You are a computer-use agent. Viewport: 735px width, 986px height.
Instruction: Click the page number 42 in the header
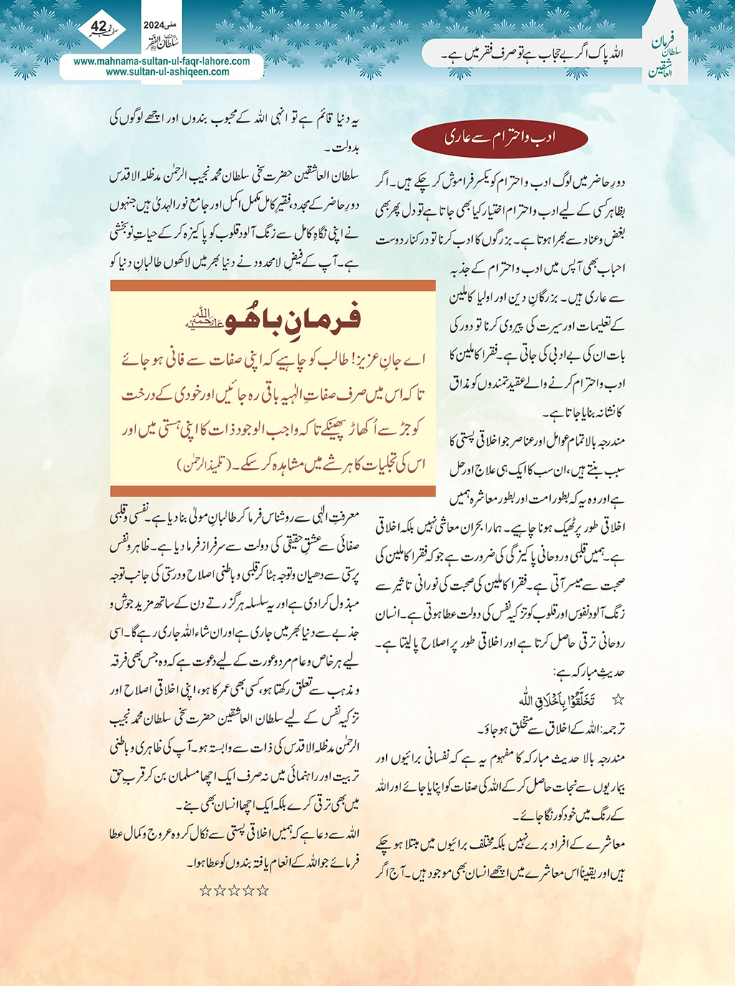coord(98,27)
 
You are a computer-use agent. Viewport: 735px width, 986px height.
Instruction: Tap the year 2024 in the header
coord(153,25)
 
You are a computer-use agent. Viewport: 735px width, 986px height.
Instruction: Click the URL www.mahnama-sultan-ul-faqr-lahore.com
coord(162,61)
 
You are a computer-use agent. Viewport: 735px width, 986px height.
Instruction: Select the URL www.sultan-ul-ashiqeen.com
coord(168,72)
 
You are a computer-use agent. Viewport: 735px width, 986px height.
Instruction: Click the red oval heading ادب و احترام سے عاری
coord(500,136)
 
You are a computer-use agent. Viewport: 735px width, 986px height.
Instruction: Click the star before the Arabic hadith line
coord(618,699)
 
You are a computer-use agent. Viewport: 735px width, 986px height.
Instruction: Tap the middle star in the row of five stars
coord(234,891)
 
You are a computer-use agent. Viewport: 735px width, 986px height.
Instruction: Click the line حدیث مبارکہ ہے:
coord(589,672)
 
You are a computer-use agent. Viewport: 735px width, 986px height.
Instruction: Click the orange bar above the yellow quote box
coord(273,285)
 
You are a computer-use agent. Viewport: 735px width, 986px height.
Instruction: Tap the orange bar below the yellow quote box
coord(273,491)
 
